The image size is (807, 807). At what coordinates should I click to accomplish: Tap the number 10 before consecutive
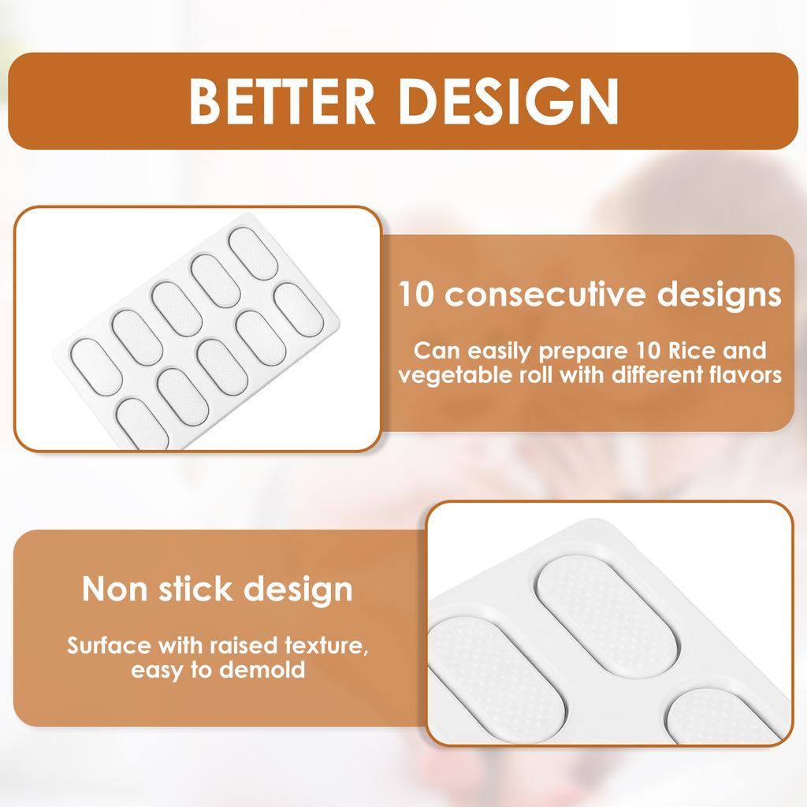coord(417,296)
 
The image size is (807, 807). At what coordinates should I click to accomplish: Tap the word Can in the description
coord(433,349)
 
